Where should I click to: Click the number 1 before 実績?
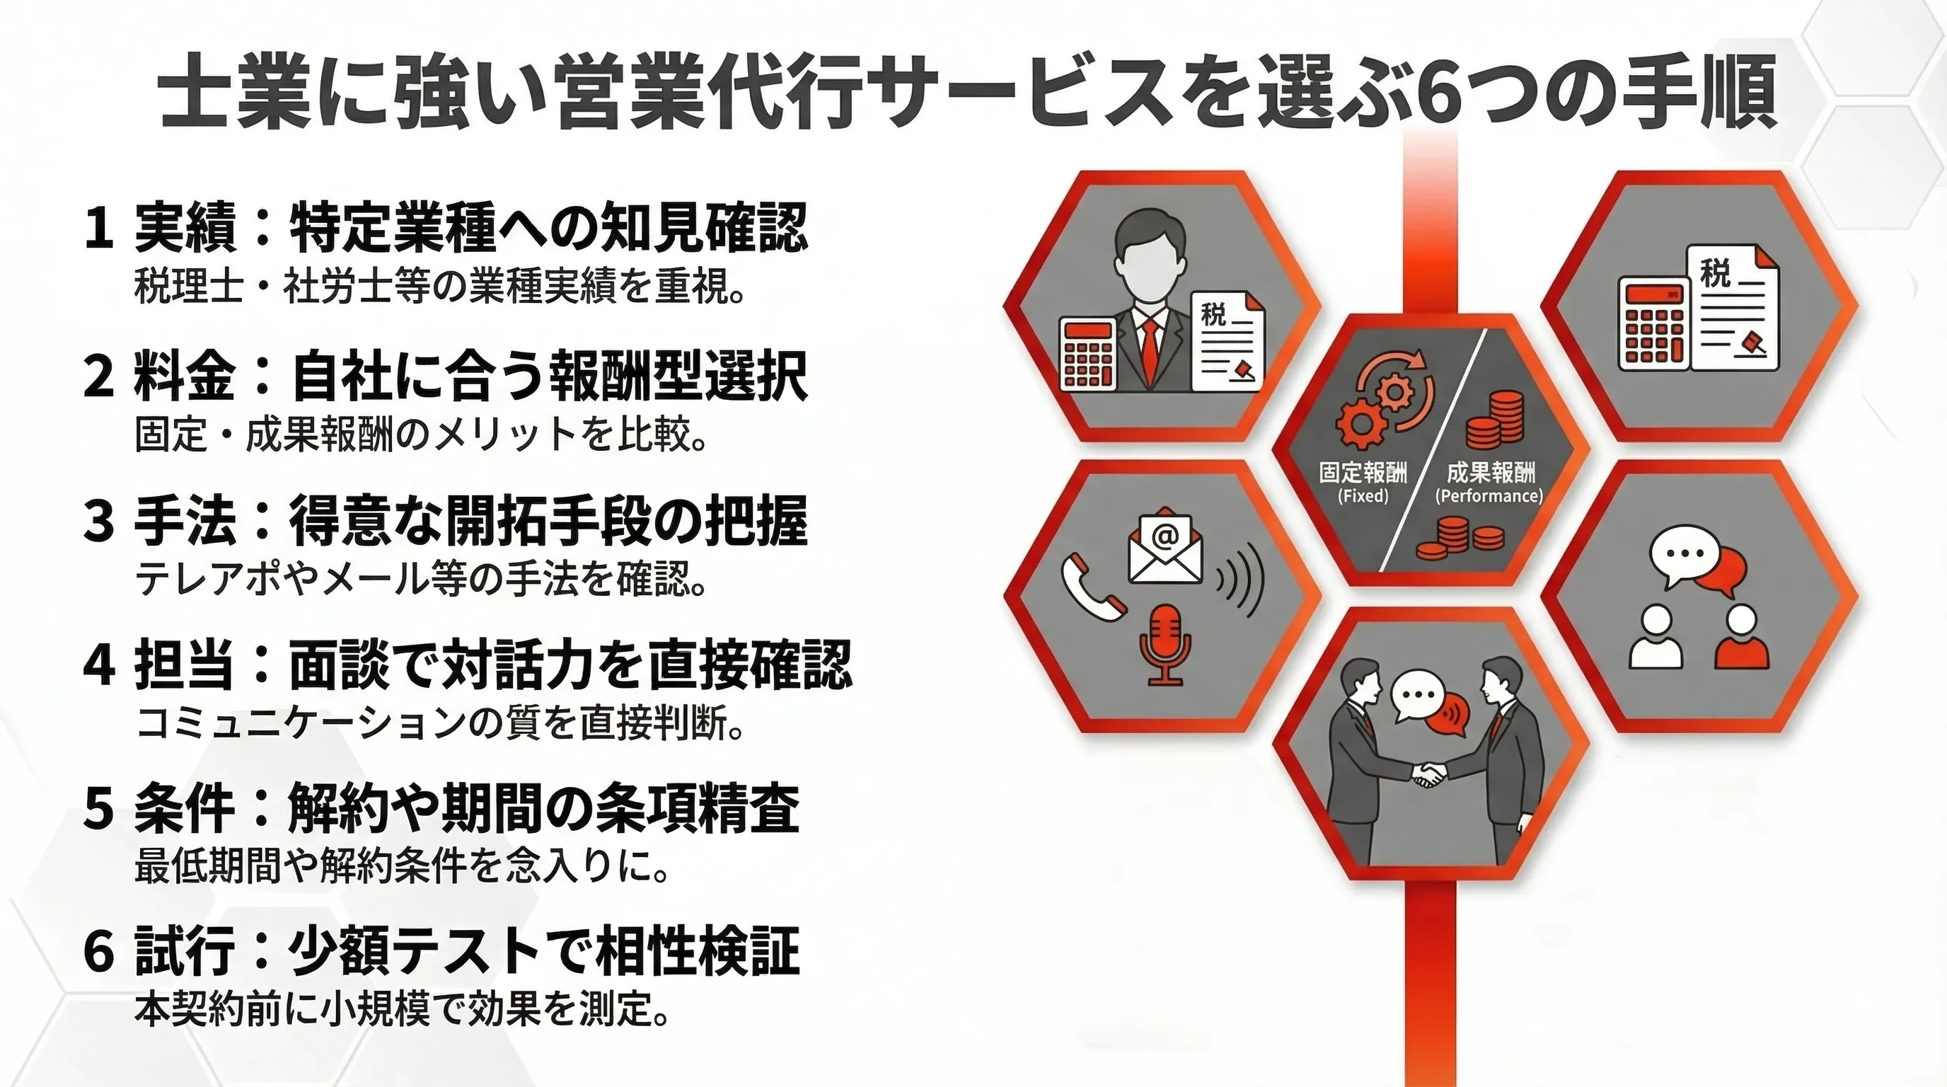coord(98,228)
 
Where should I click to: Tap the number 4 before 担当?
coord(99,666)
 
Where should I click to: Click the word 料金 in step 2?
coord(185,375)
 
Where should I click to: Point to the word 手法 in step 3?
coord(185,521)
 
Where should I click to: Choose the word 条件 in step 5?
coord(185,809)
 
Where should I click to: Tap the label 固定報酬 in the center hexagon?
coord(1363,473)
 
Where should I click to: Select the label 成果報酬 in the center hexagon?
coord(1491,473)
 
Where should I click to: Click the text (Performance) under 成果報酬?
coord(1489,496)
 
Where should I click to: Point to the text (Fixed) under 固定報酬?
coord(1363,496)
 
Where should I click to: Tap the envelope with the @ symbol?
coord(1165,546)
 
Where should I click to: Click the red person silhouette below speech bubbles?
coord(1742,640)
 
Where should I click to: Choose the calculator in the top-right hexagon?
coord(1653,324)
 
